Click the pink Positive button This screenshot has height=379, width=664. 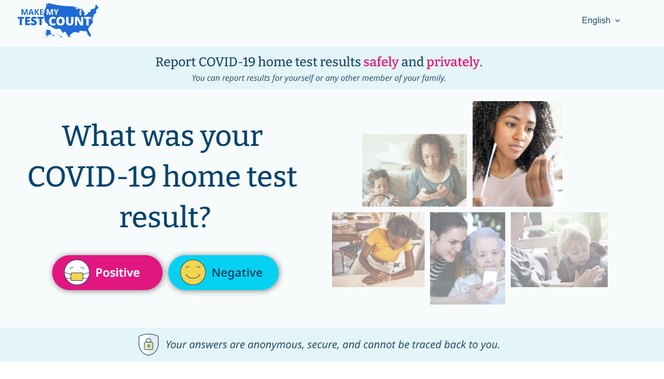tap(107, 273)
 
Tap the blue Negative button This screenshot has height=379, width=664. tap(223, 273)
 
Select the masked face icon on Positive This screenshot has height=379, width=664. tap(77, 273)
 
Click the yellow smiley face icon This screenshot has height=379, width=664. tap(193, 273)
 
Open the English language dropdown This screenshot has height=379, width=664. tap(601, 20)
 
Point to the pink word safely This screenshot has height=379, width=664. tap(381, 62)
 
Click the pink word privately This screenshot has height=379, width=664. tap(453, 62)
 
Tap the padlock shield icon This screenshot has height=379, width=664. tap(149, 345)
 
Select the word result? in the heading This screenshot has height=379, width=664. tap(165, 217)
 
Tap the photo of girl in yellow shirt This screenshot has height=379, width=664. tap(378, 249)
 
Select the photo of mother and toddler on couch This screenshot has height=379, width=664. tap(414, 170)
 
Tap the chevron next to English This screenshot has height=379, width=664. tap(618, 21)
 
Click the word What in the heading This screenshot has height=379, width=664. tap(98, 136)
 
